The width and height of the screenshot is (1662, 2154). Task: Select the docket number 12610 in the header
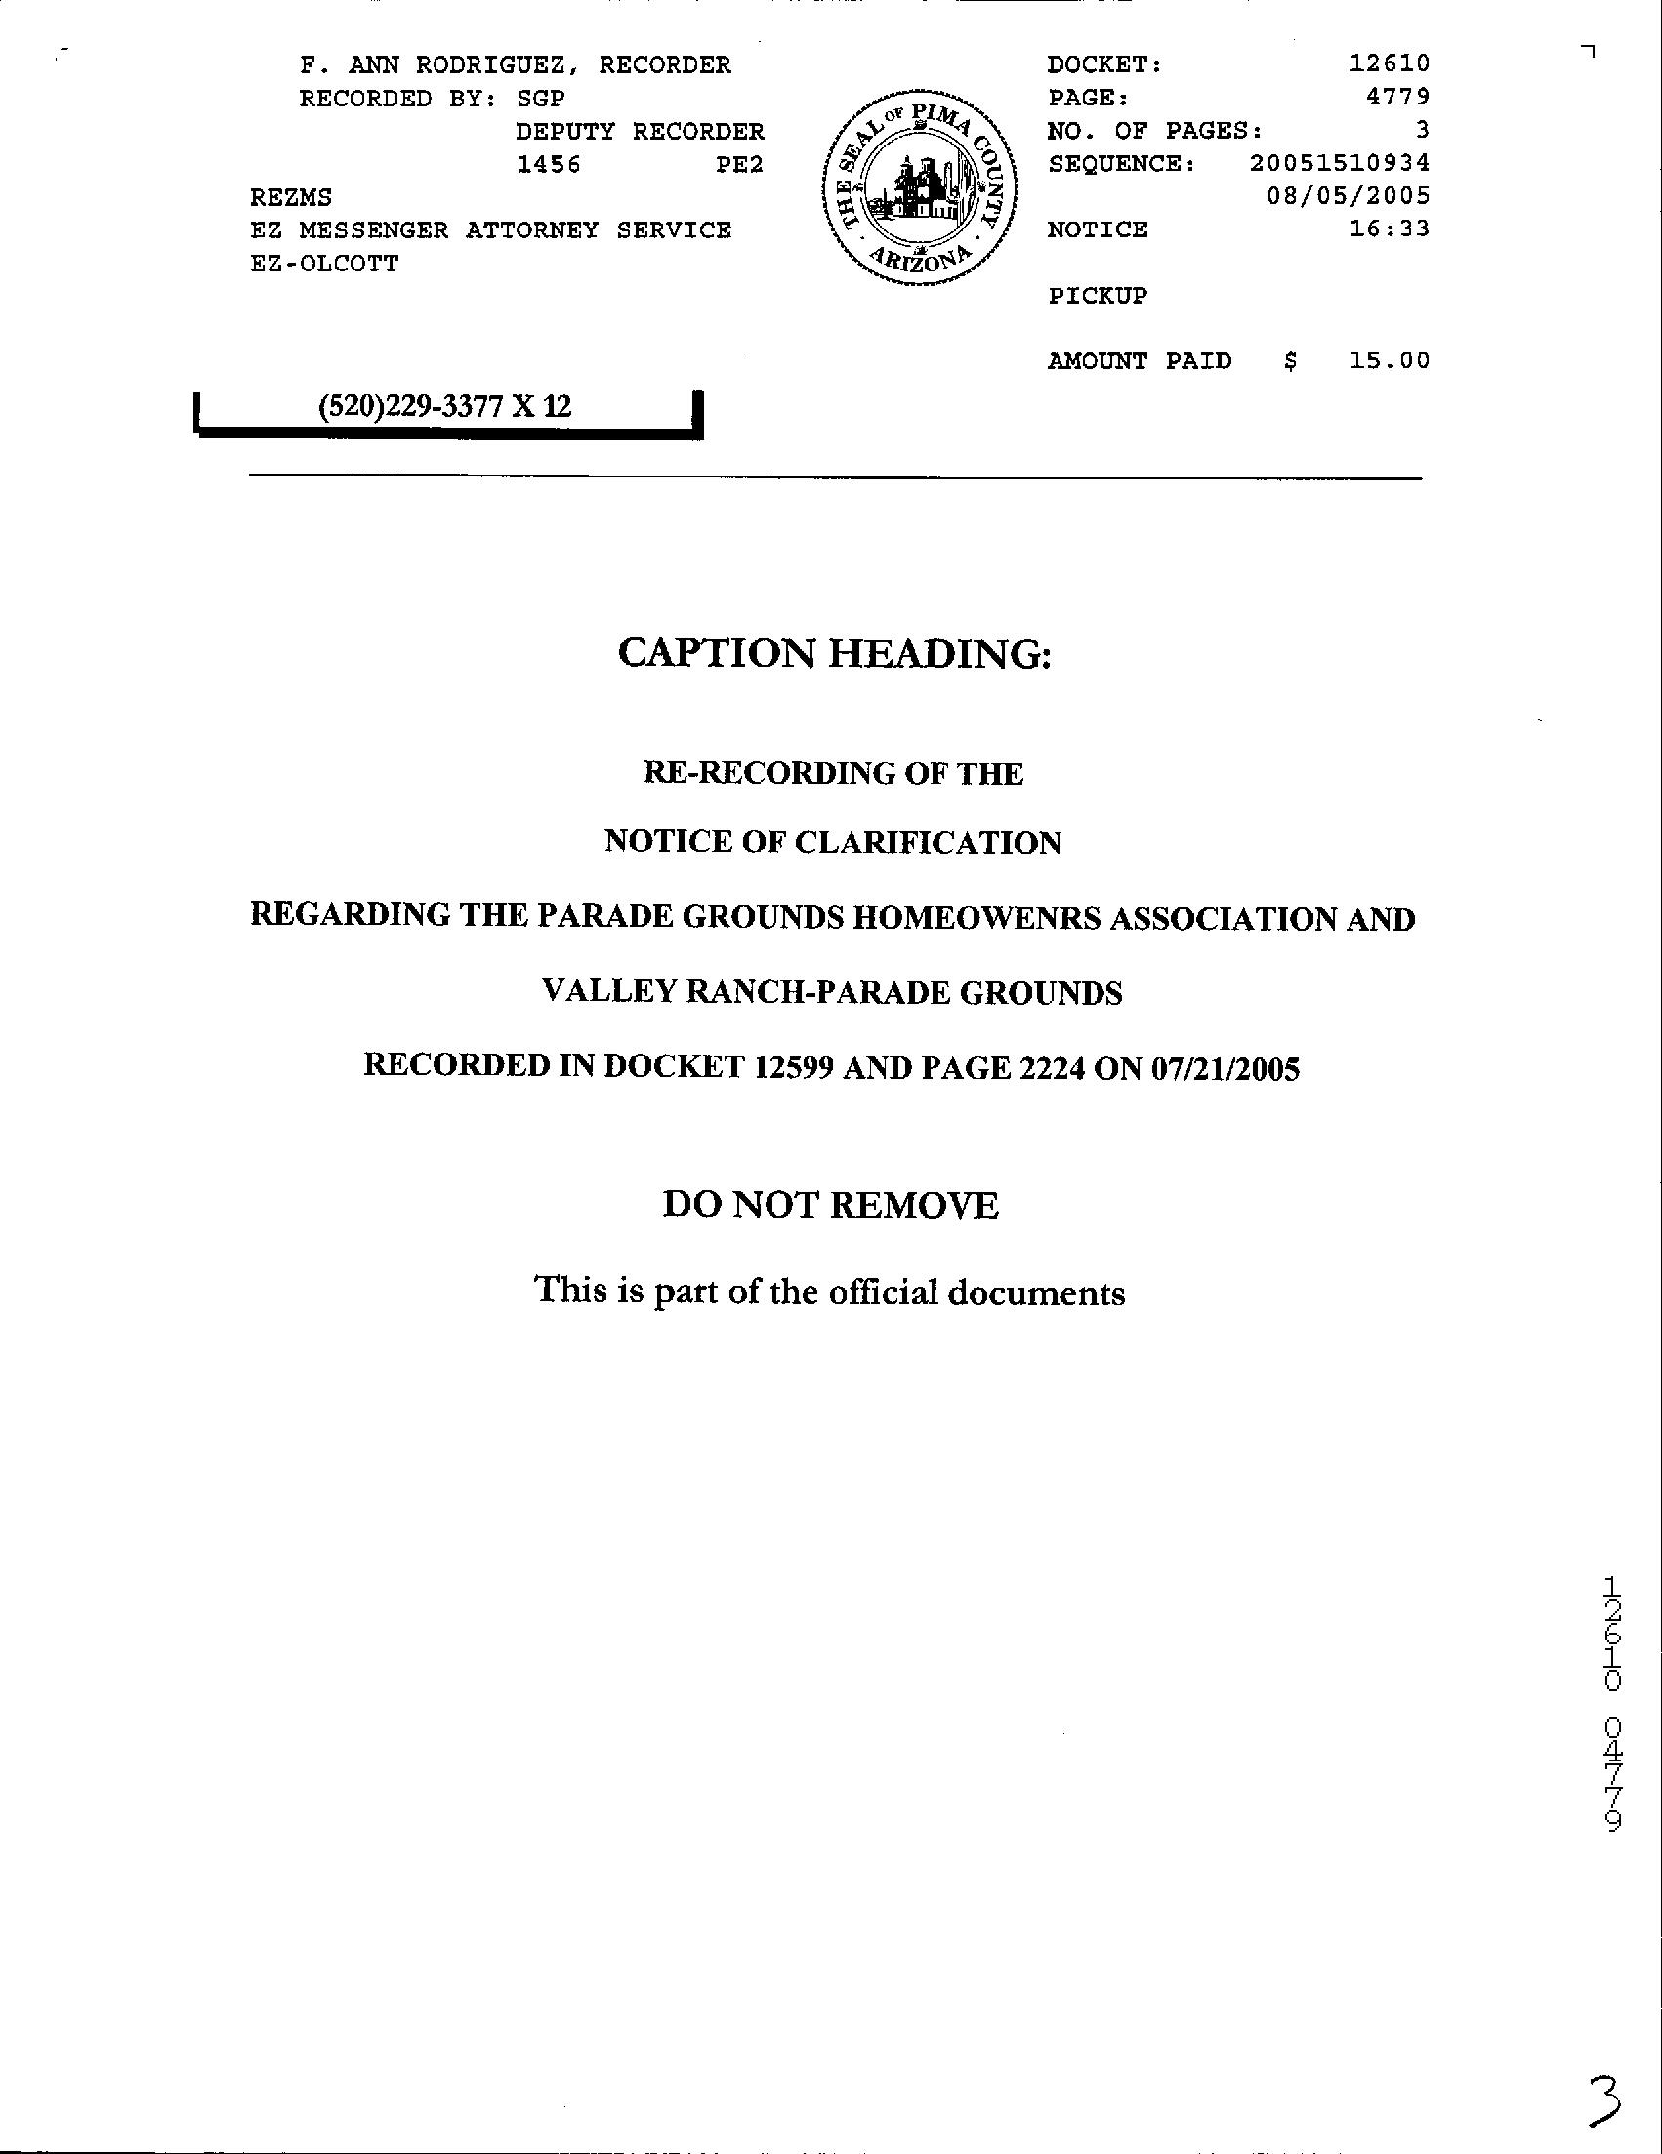1389,64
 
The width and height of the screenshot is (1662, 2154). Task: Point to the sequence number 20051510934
1339,163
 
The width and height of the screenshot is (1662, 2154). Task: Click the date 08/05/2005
1348,196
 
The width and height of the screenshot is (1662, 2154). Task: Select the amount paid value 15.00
1389,361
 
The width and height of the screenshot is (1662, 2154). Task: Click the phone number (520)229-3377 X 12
444,406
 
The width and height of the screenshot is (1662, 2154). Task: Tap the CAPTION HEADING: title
835,653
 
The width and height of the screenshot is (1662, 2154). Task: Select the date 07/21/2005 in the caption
1226,1067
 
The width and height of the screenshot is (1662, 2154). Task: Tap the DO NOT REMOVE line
830,1205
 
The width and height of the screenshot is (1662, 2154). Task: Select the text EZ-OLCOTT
324,264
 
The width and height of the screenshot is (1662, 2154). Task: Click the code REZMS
291,197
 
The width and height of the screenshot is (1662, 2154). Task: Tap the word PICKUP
1097,296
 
